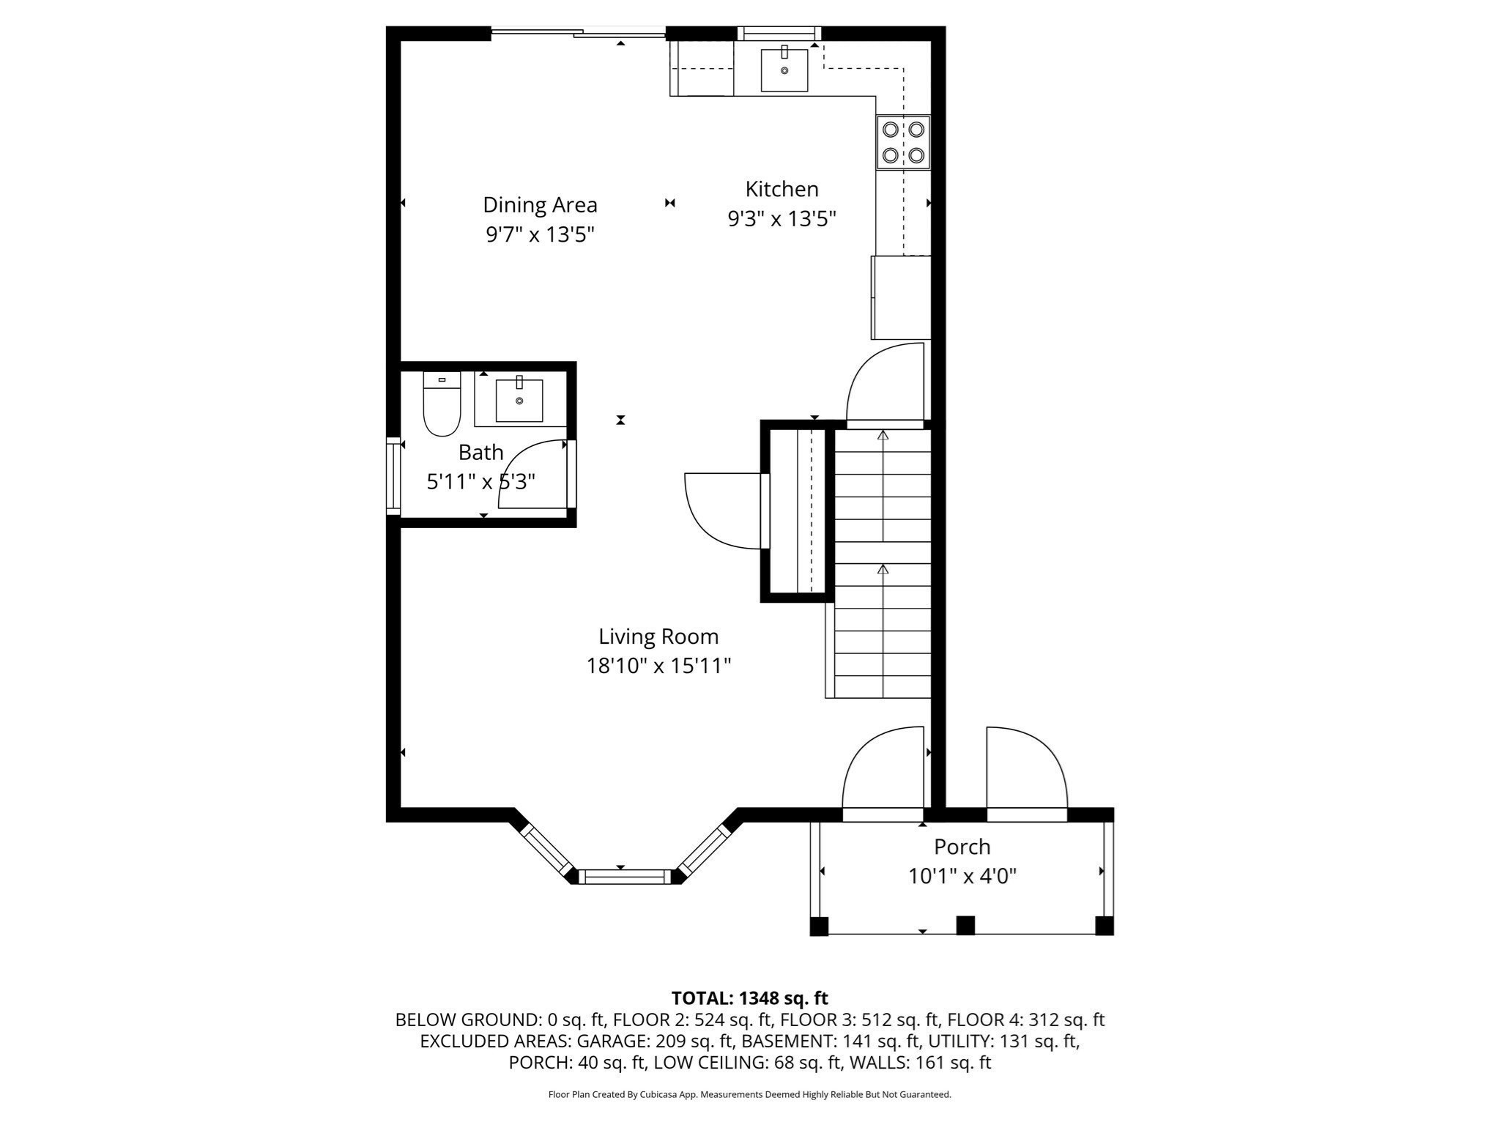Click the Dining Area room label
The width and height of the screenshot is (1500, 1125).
pyautogui.click(x=540, y=205)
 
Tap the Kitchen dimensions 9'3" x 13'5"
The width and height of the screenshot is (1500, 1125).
pyautogui.click(x=781, y=219)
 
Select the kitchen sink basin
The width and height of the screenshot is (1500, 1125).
pyautogui.click(x=784, y=70)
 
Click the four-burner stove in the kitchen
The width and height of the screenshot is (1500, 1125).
pyautogui.click(x=903, y=142)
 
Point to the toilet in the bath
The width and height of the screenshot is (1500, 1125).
pyautogui.click(x=442, y=405)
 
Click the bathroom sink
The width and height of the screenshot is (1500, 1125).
pyautogui.click(x=519, y=401)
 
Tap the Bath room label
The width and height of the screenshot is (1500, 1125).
pyautogui.click(x=480, y=453)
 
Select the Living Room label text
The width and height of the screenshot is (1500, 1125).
pyautogui.click(x=658, y=636)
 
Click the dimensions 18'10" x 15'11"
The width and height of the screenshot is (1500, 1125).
pyautogui.click(x=658, y=667)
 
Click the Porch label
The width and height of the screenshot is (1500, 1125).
pyautogui.click(x=962, y=847)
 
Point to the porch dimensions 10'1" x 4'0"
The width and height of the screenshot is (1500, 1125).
pyautogui.click(x=962, y=877)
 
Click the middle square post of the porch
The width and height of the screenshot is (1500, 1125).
pyautogui.click(x=965, y=926)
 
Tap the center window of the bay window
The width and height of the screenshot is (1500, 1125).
pyautogui.click(x=625, y=876)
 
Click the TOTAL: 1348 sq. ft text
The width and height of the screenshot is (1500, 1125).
pyautogui.click(x=749, y=998)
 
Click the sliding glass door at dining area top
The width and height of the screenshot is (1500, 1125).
pyautogui.click(x=579, y=31)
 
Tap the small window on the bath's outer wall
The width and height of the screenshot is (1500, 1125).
pyautogui.click(x=393, y=475)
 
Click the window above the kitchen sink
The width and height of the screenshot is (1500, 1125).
pyautogui.click(x=779, y=32)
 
